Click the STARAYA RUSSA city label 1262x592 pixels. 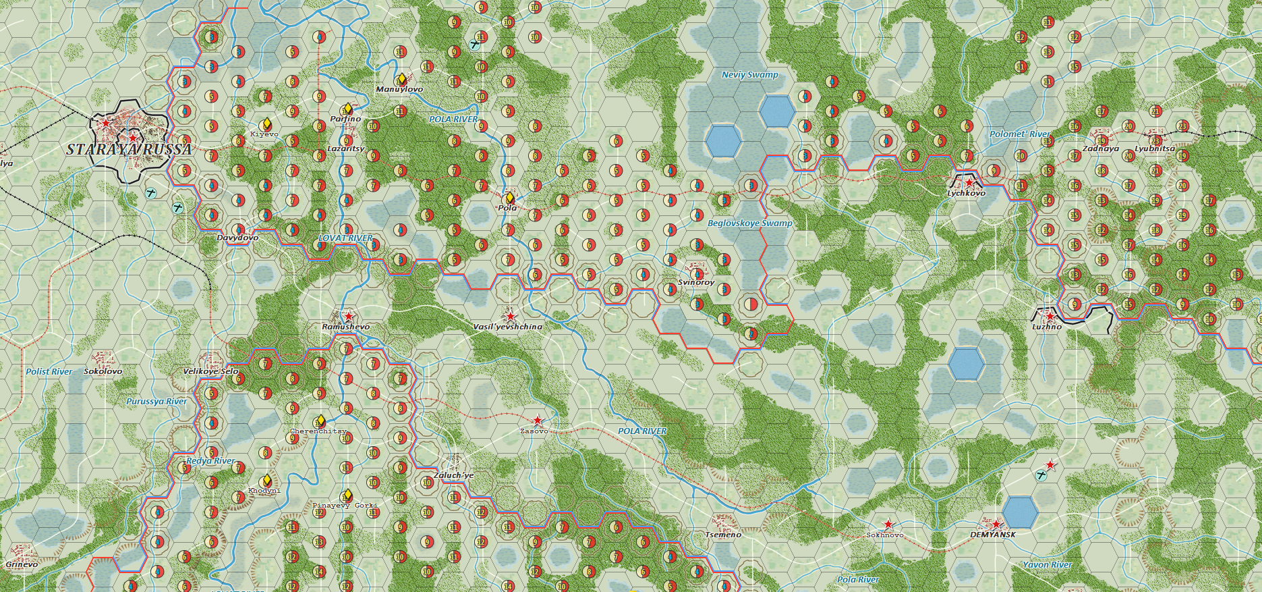(x=129, y=149)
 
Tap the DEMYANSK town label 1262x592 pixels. (x=992, y=535)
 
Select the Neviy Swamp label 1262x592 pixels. (x=749, y=75)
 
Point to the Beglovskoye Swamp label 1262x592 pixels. (x=749, y=223)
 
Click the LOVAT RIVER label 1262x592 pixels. (x=345, y=238)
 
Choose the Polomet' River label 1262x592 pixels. (x=1019, y=134)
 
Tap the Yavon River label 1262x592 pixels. (x=1047, y=565)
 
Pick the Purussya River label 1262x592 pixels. (x=156, y=402)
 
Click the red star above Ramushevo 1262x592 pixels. (x=348, y=316)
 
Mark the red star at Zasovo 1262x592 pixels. (x=537, y=421)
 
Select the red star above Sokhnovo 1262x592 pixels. (x=888, y=524)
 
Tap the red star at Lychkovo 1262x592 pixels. (x=969, y=182)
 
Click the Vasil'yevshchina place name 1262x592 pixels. (x=507, y=327)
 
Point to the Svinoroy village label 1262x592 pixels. (x=696, y=282)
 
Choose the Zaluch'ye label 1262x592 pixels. (x=453, y=475)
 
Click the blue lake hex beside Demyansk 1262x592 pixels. (x=1019, y=512)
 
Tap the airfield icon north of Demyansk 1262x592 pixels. (x=1041, y=475)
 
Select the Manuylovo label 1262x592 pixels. (x=399, y=89)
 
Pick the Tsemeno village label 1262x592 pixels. (x=723, y=535)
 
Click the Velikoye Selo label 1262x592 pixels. (x=210, y=372)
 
